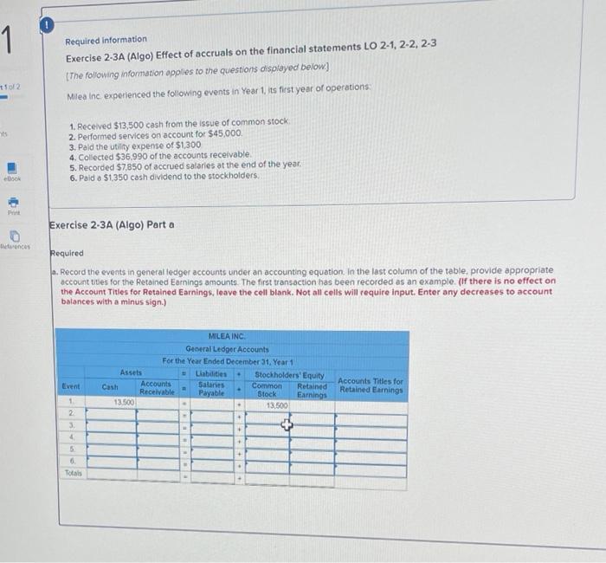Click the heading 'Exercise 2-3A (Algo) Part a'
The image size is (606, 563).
[x=112, y=225]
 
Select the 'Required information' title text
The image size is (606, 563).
[x=106, y=40]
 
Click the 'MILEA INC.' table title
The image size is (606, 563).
[x=227, y=336]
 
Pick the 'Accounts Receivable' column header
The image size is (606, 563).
[x=156, y=387]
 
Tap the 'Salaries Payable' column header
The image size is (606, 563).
[x=211, y=387]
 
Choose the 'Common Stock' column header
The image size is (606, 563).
[x=267, y=389]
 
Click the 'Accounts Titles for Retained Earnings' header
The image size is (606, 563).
[x=371, y=385]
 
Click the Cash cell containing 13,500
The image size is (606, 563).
[x=124, y=404]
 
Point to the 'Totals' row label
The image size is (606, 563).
[x=74, y=473]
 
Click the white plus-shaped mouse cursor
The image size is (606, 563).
[x=286, y=425]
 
